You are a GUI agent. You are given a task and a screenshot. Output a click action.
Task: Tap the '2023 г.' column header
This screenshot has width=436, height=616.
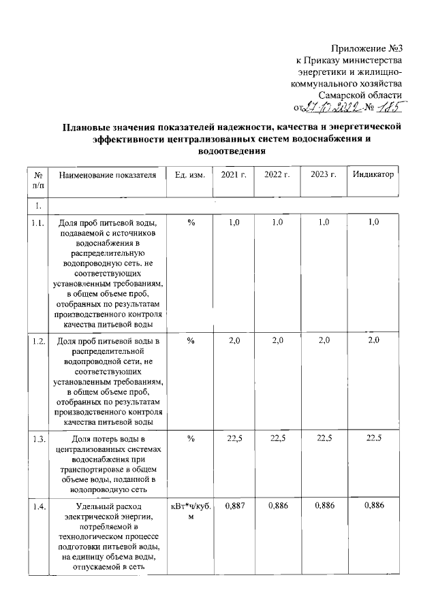[x=324, y=175]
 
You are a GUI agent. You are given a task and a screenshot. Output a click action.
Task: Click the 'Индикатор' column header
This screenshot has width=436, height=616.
[x=373, y=175]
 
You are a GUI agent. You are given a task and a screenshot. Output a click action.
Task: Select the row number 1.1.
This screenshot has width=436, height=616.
[x=38, y=223]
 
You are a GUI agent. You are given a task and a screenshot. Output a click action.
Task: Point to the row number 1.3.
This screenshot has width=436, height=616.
[x=38, y=439]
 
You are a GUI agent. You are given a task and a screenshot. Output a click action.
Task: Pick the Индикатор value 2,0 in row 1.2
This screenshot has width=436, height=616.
[x=373, y=340]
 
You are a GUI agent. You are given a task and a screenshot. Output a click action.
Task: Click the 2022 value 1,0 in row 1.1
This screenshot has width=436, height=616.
[x=277, y=223]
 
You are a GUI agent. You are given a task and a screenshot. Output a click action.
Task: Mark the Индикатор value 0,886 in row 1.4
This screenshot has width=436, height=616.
[x=373, y=505]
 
